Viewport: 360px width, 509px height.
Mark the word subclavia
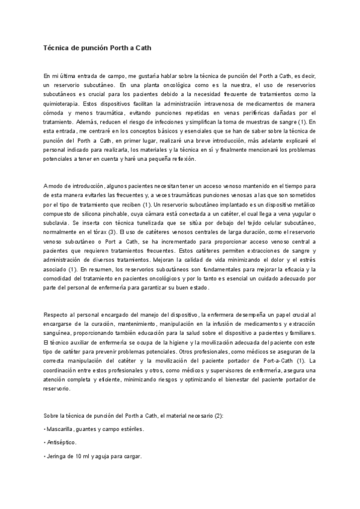tap(57, 223)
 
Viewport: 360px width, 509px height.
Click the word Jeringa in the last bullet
tap(58, 457)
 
